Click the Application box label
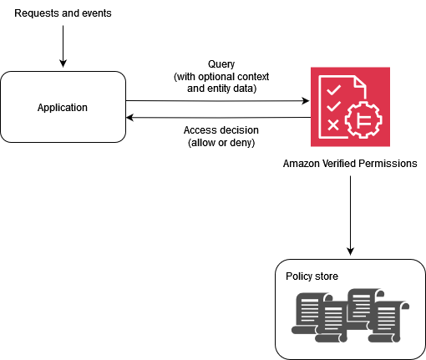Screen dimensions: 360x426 pyautogui.click(x=63, y=108)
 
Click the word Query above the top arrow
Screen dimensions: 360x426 pyautogui.click(x=221, y=65)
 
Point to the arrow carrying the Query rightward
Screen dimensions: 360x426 pyautogui.click(x=217, y=100)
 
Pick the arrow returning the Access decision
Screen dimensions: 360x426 pyautogui.click(x=217, y=118)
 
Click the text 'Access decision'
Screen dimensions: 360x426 pyautogui.click(x=221, y=130)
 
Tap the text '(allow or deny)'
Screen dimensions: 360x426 pyautogui.click(x=221, y=143)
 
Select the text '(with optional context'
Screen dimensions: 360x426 pyautogui.click(x=221, y=77)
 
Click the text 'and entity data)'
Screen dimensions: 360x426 pyautogui.click(x=221, y=88)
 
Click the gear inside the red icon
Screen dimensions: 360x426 pyautogui.click(x=361, y=122)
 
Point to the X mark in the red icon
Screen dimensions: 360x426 pyautogui.click(x=332, y=125)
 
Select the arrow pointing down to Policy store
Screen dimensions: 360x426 pyautogui.click(x=350, y=217)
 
